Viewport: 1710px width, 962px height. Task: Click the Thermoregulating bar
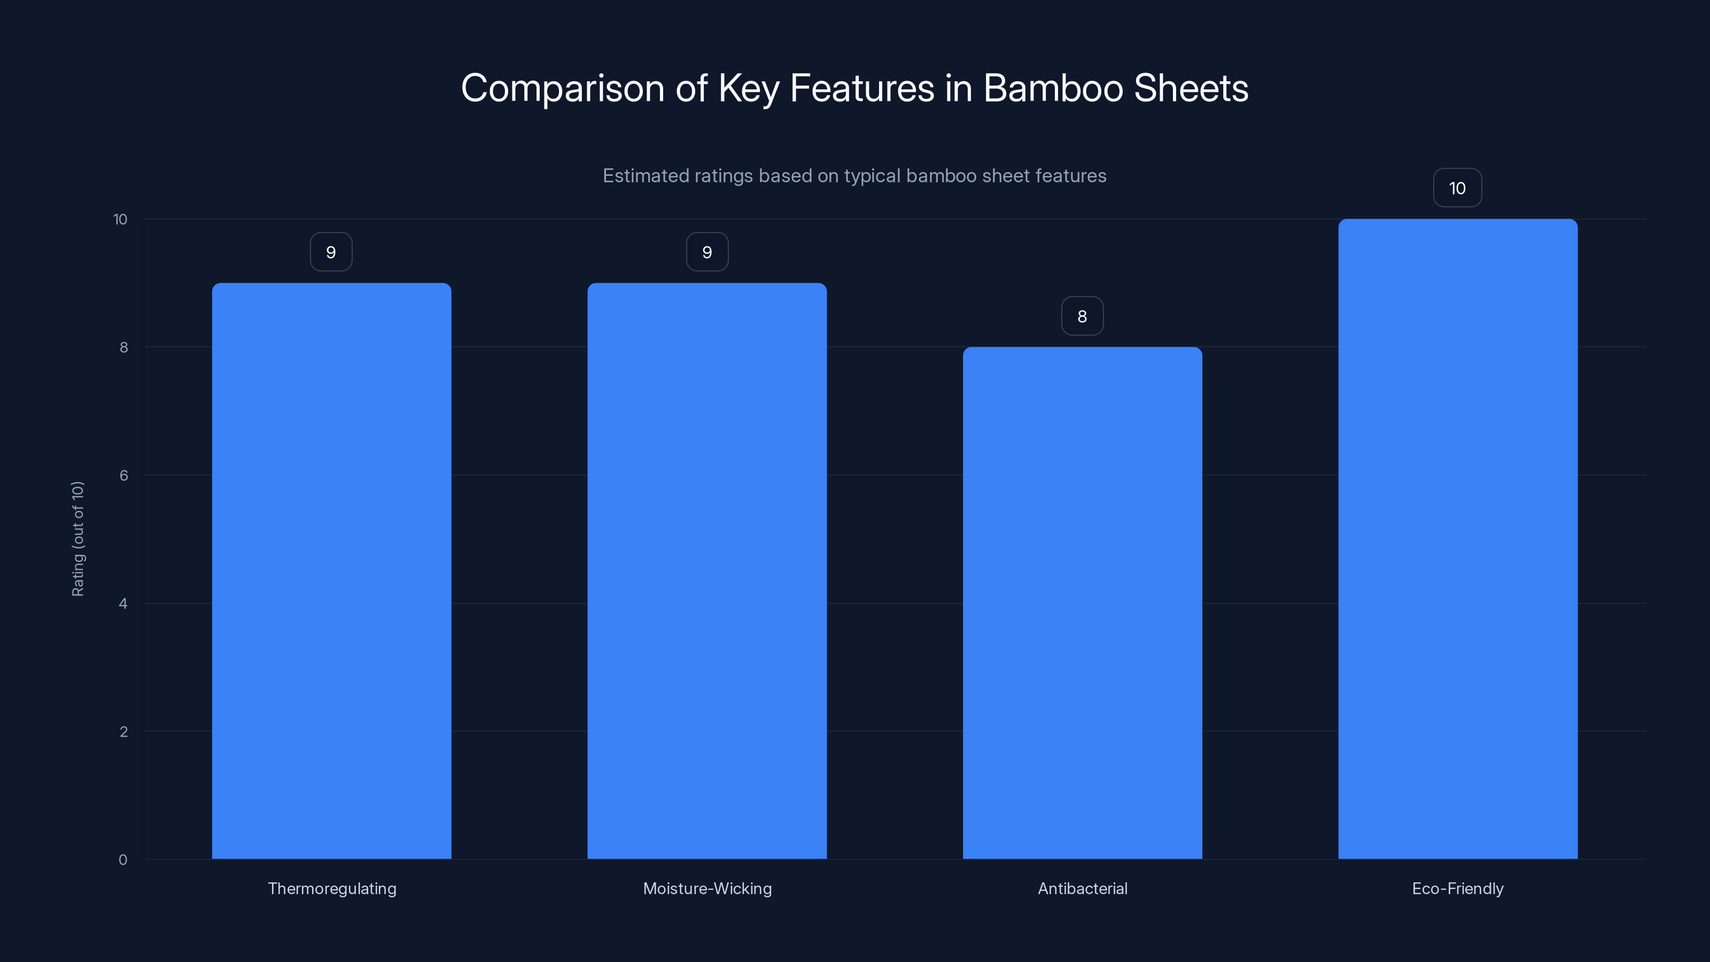(x=331, y=571)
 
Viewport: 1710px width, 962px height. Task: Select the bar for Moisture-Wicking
(x=707, y=571)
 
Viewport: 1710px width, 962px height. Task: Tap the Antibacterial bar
(x=1082, y=603)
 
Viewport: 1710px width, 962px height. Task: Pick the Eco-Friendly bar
(x=1458, y=539)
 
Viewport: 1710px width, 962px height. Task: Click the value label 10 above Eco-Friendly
(x=1457, y=189)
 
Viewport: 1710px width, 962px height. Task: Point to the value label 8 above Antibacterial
(x=1082, y=317)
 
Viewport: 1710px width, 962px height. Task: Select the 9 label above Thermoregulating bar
(x=331, y=252)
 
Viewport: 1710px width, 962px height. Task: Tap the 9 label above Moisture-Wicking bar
(x=707, y=252)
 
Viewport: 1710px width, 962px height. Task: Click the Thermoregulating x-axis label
(x=332, y=888)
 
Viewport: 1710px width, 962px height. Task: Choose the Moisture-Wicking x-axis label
(x=707, y=888)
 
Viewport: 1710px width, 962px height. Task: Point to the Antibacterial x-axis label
(x=1082, y=888)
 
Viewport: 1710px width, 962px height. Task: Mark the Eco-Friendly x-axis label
(x=1457, y=888)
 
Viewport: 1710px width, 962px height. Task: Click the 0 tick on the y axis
(x=123, y=860)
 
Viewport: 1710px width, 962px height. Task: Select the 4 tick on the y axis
(x=123, y=603)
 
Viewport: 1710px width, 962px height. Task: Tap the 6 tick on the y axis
(x=123, y=475)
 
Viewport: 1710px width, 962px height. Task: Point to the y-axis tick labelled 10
(x=120, y=219)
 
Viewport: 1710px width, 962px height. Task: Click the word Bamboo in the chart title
(x=1053, y=88)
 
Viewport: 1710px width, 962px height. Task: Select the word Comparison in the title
(x=562, y=88)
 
